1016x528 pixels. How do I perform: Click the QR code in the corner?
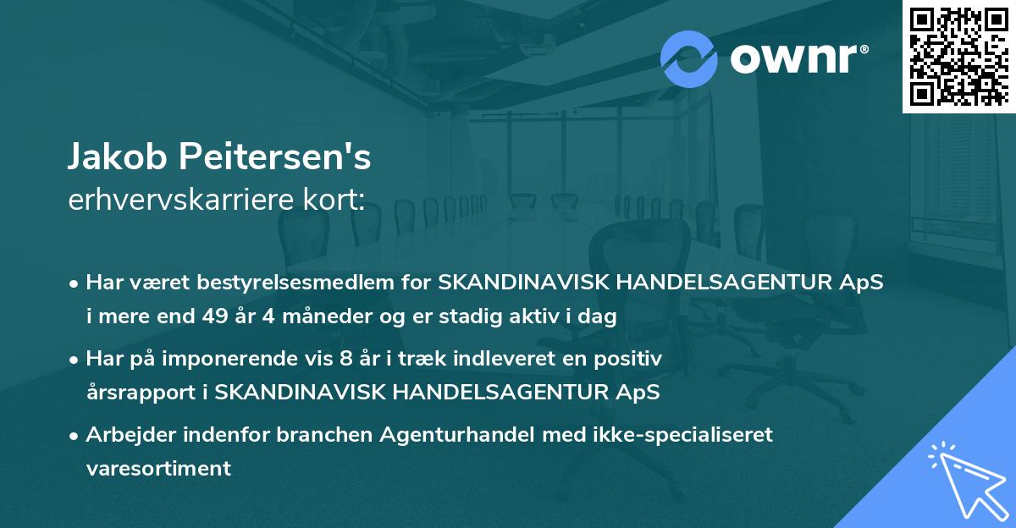click(958, 56)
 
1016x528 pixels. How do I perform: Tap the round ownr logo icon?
click(689, 58)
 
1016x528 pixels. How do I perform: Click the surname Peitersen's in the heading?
click(271, 158)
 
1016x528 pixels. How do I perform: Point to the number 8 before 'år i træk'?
click(344, 359)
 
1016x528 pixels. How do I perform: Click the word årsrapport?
click(145, 393)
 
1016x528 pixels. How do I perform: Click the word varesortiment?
click(158, 469)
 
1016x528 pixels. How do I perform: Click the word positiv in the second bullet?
click(631, 359)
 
